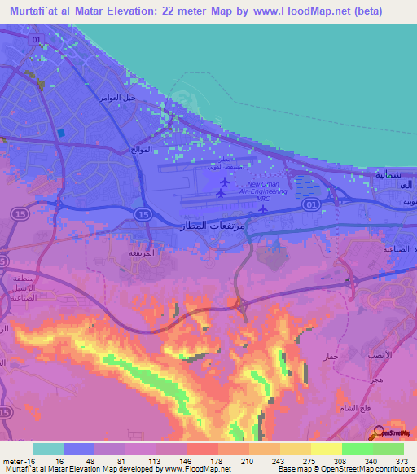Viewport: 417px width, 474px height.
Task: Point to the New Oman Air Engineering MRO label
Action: tap(263, 191)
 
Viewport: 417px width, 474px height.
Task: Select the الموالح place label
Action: tap(142, 150)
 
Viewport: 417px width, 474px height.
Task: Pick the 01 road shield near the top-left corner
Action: tap(33, 38)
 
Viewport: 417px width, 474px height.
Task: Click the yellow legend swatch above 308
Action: tap(327, 449)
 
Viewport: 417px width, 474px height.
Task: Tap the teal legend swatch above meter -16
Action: tap(48, 449)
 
